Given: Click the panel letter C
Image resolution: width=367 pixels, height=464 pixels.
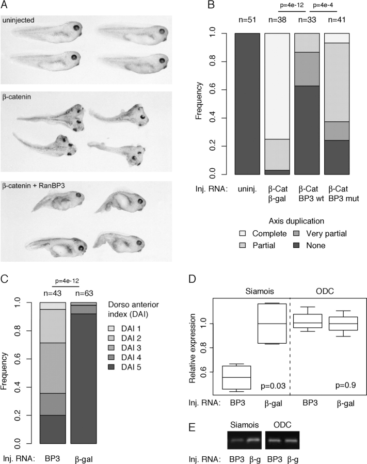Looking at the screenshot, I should point(5,266).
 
